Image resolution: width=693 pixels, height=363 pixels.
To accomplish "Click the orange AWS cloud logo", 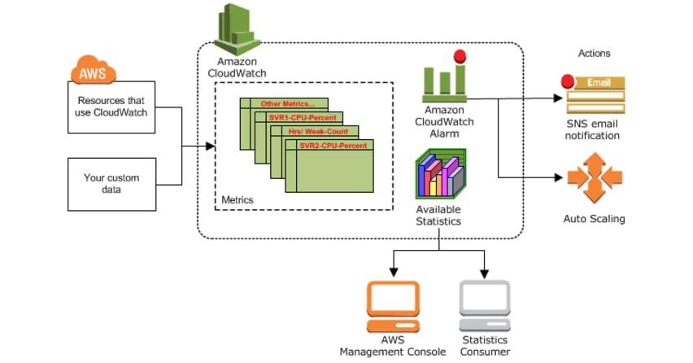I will (x=91, y=72).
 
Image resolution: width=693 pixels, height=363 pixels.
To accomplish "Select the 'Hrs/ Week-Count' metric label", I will (x=318, y=131).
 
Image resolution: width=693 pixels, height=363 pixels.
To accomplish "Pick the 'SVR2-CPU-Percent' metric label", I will (x=333, y=145).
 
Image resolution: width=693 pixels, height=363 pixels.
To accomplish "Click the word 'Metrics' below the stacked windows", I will (x=238, y=199).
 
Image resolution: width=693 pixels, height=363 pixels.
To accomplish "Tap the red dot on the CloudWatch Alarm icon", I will (x=460, y=57).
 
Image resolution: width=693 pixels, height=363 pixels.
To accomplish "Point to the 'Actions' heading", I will (x=594, y=54).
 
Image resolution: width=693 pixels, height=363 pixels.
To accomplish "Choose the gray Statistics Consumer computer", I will (x=485, y=304).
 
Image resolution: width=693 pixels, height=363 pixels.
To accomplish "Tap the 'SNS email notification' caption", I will (x=594, y=129).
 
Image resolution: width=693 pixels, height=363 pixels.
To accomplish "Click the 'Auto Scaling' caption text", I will (x=594, y=219).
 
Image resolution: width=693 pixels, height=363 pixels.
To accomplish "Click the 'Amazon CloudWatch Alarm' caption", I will (x=444, y=121).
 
